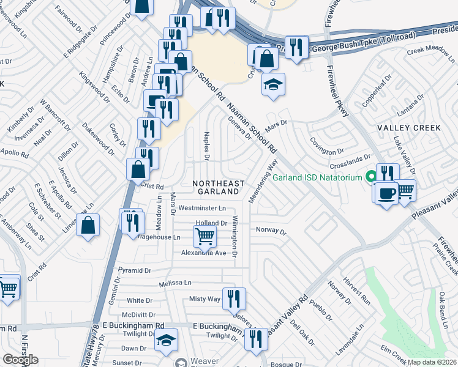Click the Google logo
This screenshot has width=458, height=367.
(x=20, y=360)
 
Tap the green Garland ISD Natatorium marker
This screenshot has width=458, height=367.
(x=370, y=178)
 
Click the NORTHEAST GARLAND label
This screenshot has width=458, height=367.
(x=219, y=187)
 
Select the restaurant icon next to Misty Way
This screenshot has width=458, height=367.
(x=234, y=298)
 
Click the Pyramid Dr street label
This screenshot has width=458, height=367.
(x=134, y=270)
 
